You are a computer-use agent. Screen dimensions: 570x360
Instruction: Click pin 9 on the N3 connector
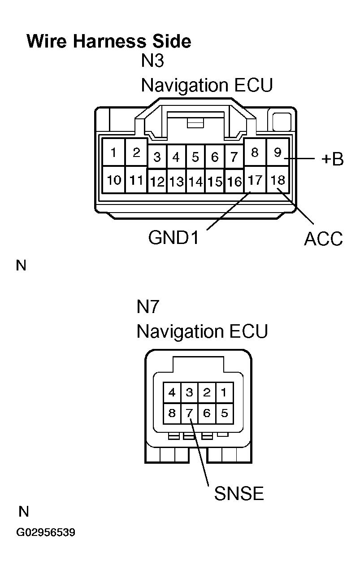(278, 153)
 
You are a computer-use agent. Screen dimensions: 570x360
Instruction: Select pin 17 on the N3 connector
(255, 180)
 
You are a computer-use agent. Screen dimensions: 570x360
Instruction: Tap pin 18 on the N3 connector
(278, 180)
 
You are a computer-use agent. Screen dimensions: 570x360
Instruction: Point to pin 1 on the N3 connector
(114, 153)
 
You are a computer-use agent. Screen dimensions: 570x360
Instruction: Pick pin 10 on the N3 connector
(114, 180)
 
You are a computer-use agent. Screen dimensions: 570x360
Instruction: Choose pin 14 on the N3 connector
(195, 182)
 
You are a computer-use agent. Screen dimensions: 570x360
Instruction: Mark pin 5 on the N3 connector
(195, 157)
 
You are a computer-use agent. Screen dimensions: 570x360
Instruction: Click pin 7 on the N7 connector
(189, 413)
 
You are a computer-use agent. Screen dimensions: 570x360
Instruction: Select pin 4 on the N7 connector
(172, 393)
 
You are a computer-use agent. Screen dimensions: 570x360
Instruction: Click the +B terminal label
(332, 159)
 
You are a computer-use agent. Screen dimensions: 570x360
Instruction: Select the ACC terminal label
(323, 239)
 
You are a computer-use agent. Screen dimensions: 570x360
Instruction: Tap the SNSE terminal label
(239, 494)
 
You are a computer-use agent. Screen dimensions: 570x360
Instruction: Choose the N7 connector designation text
(148, 308)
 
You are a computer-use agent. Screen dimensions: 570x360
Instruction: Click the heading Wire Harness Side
(109, 41)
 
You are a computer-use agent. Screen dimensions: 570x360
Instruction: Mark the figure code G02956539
(46, 533)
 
